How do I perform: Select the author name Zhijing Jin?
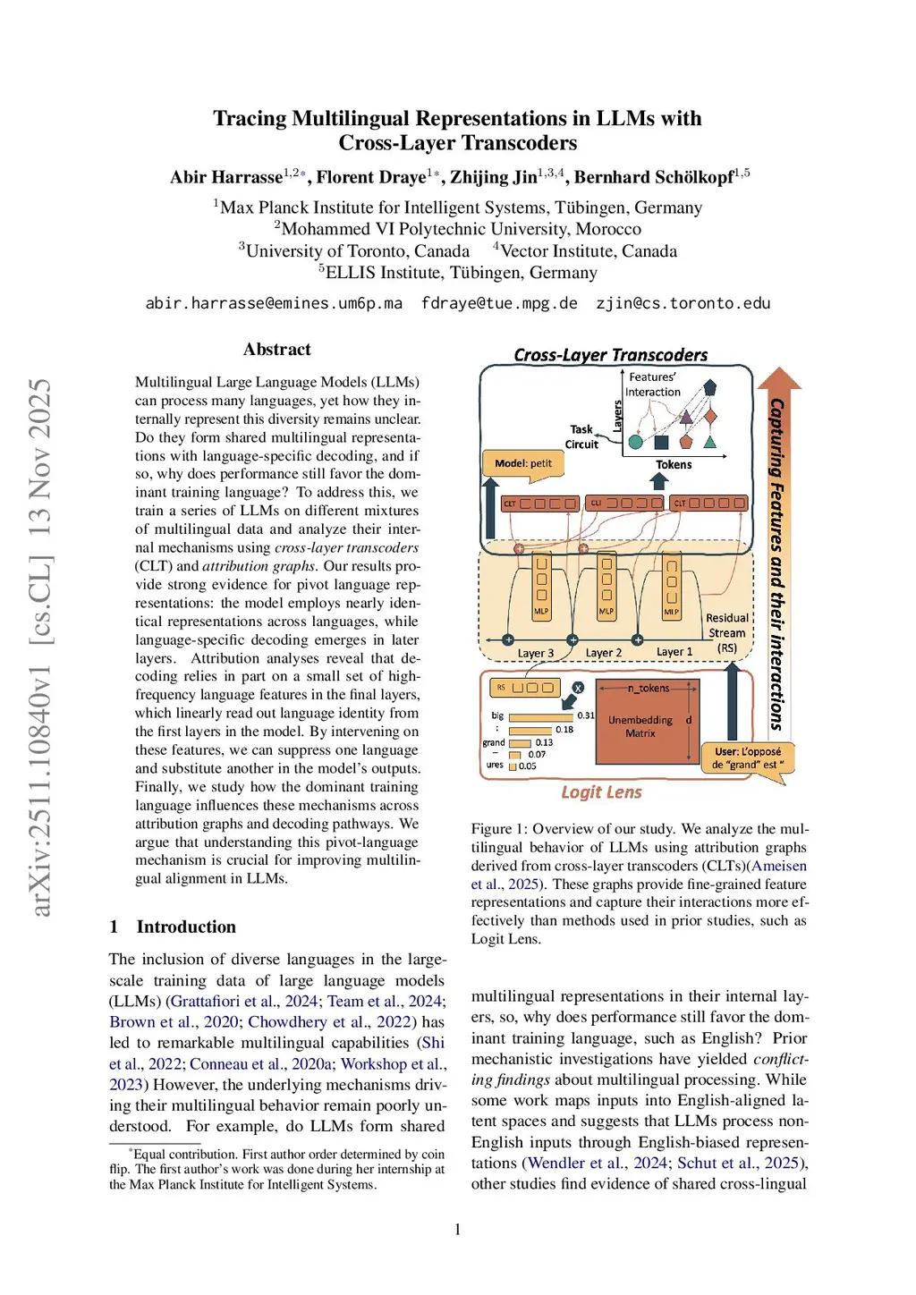tap(494, 177)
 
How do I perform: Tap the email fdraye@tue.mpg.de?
tap(499, 303)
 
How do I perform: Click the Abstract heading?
tap(277, 350)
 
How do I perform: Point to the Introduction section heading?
tap(186, 927)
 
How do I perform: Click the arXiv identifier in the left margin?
tap(41, 647)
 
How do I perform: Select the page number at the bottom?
tap(458, 1230)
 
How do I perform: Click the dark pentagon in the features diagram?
tap(710, 387)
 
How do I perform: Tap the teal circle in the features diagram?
tap(636, 441)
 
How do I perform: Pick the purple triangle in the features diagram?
tap(686, 417)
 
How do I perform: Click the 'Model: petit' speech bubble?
tap(523, 463)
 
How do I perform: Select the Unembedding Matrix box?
tap(640, 725)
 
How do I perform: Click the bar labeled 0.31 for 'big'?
tap(540, 716)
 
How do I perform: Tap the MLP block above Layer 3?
tap(541, 588)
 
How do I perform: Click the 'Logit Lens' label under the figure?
tap(601, 792)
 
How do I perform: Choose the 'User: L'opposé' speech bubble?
tap(748, 758)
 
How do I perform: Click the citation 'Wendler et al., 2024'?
tap(598, 1163)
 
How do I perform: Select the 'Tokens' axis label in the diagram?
tap(674, 465)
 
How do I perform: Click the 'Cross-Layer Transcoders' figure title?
tap(610, 355)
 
